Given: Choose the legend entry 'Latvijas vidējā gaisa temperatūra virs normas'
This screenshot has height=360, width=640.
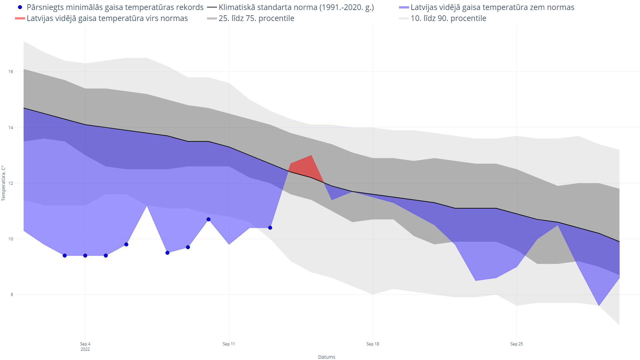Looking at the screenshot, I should [107, 18].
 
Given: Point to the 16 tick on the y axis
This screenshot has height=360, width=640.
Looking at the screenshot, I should [11, 72].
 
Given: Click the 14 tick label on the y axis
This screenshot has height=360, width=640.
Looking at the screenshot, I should [11, 128].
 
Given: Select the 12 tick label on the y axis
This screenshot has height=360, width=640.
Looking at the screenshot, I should [11, 183].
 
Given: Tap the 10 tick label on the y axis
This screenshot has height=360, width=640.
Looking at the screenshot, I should [11, 239].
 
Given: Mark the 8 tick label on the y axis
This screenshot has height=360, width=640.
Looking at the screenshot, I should [12, 295].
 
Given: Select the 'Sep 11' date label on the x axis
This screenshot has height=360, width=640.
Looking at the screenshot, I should [229, 344].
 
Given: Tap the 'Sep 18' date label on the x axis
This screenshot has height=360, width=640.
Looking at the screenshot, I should [373, 344].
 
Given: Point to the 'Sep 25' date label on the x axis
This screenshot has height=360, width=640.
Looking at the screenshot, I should [517, 344].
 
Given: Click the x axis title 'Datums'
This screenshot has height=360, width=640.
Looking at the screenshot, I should [327, 357].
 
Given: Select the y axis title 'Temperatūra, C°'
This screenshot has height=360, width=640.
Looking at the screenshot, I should [4, 183].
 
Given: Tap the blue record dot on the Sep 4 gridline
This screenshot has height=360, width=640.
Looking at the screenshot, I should [85, 256].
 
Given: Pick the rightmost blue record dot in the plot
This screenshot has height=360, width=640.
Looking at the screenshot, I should [270, 228].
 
